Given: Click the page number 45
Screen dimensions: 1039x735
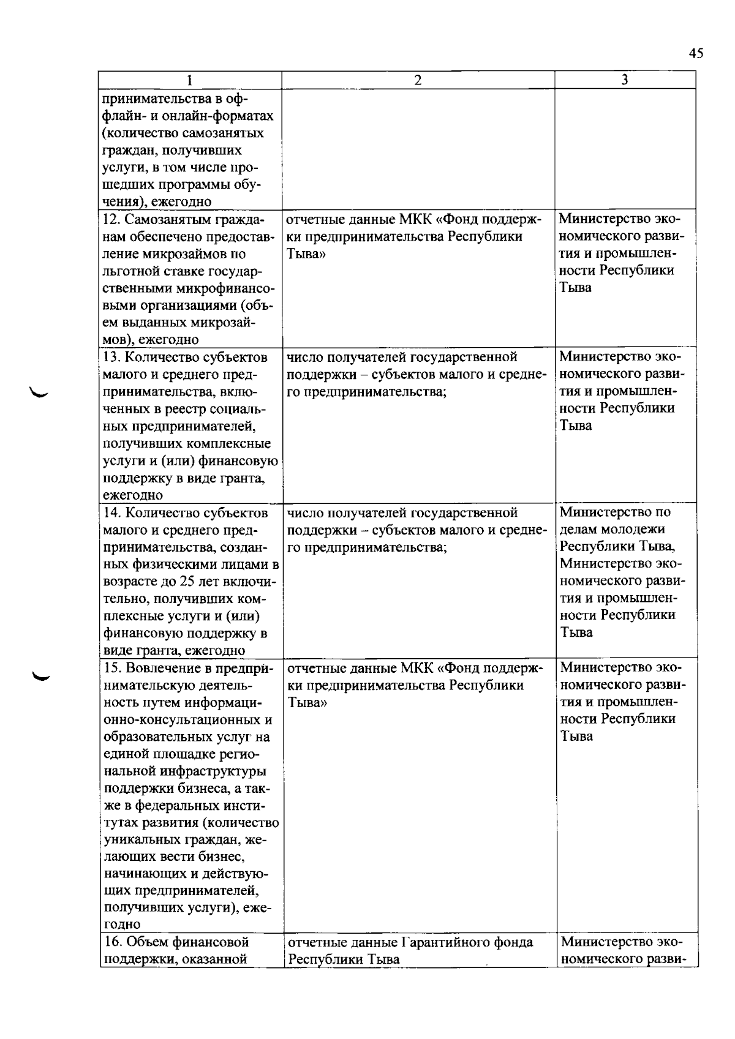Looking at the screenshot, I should [x=695, y=53].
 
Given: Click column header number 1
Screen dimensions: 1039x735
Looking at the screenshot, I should [x=190, y=80].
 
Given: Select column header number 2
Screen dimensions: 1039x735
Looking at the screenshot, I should [x=418, y=80].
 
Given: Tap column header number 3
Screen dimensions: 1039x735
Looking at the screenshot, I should [x=624, y=80].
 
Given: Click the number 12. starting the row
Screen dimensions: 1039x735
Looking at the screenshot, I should [x=111, y=219].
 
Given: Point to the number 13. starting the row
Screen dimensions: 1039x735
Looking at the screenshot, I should [x=111, y=357].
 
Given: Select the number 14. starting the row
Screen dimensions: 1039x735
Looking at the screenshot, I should [x=111, y=512].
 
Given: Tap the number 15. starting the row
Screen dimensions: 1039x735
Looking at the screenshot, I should [x=111, y=668].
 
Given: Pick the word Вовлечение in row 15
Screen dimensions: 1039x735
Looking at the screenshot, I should [x=160, y=668].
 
